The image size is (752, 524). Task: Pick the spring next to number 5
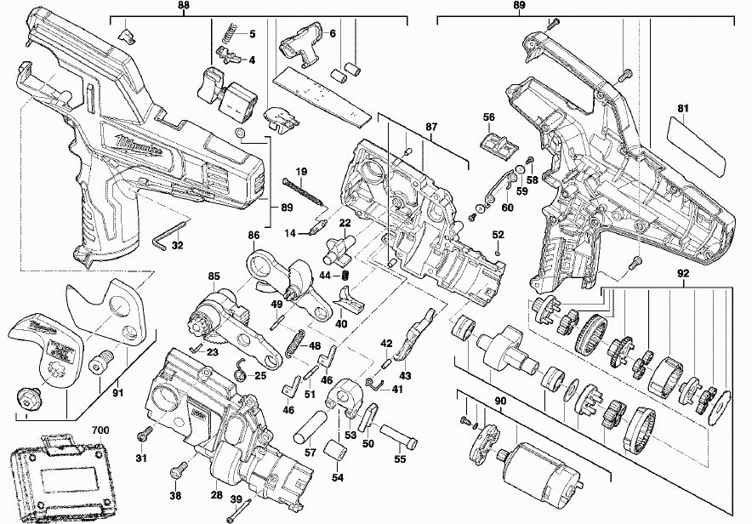tap(229, 35)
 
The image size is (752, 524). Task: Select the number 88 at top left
tap(184, 6)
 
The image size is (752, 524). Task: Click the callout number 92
tap(683, 274)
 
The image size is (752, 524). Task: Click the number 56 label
tap(488, 117)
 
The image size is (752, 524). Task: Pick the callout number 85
tap(214, 276)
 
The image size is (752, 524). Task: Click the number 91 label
tap(117, 393)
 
